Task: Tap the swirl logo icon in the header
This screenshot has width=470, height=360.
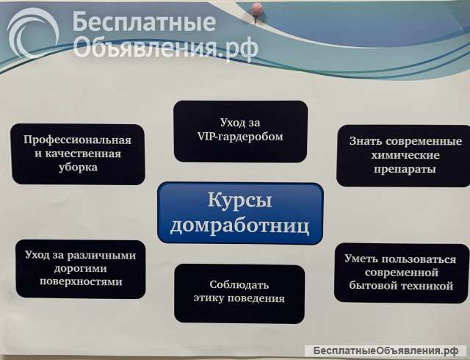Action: pos(32,33)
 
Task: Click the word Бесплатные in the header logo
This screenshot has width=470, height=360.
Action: pos(144,23)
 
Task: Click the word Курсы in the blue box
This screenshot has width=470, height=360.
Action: pos(240,201)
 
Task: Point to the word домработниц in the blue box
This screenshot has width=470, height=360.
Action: pos(240,223)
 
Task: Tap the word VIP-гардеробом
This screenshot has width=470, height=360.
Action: pos(240,136)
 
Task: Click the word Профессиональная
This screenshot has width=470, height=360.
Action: pos(77,140)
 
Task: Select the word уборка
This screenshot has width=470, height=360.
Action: pos(77,167)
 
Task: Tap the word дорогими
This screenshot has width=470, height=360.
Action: pos(82,268)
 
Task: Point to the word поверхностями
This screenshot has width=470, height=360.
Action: pos(82,281)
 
